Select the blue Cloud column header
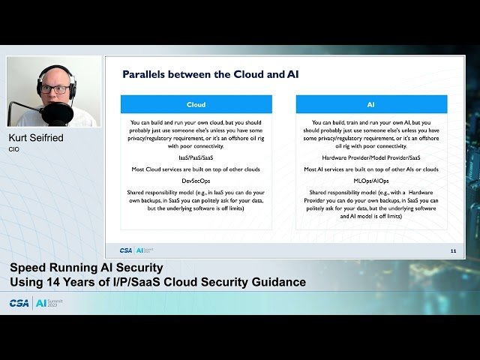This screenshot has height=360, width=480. pos(196,104)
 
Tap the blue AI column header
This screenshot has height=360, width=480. pos(371,104)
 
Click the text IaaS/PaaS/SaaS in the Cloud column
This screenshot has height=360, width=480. pos(196,158)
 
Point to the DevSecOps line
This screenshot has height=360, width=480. pos(196,181)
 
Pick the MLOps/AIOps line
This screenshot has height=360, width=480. pos(371,181)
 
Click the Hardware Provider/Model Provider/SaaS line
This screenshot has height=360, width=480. pos(371,158)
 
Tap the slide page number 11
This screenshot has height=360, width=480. pos(452,250)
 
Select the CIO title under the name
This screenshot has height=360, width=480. pos(13,149)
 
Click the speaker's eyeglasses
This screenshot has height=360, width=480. pos(54,89)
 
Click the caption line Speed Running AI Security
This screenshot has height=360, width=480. pos(86,268)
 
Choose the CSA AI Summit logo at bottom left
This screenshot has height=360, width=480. pos(36,303)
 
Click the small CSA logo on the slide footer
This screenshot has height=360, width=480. pos(126,250)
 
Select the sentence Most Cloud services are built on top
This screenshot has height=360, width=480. pos(196,169)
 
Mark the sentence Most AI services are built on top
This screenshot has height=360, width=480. pos(371,169)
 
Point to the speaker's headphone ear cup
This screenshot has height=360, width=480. pos(73,89)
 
